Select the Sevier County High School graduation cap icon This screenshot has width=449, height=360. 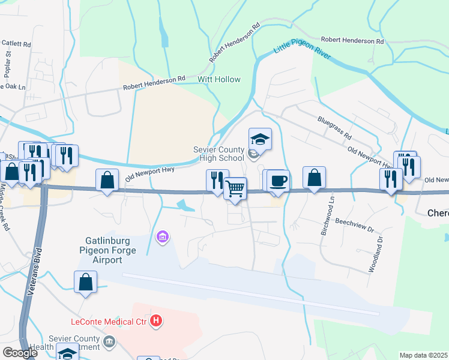pos(260,140)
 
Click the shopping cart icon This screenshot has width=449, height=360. pos(236,188)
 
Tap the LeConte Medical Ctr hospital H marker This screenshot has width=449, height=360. pos(156,321)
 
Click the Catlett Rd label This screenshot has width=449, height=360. pos(16,44)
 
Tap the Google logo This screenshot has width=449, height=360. pos(20,353)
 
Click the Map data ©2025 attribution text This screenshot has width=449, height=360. pos(423,355)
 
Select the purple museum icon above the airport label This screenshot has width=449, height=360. pos(161,238)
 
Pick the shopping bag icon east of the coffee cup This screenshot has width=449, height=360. pos(314,178)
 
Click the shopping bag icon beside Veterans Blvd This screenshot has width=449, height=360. pos(86,282)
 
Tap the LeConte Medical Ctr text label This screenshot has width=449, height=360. pos(110,321)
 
